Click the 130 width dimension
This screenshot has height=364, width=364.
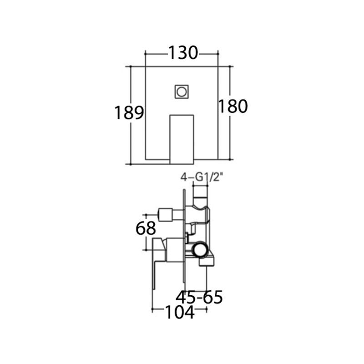tap(183, 53)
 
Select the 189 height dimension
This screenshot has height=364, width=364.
tap(129, 112)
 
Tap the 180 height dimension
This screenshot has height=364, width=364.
tap(233, 106)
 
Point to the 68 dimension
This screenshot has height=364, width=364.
tap(146, 228)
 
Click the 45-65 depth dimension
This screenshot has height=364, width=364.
tap(199, 297)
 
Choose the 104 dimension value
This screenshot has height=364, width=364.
tap(179, 312)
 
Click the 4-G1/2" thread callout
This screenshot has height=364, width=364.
tap(200, 178)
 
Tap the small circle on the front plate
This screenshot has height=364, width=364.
tap(182, 92)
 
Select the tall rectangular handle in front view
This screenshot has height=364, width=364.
tap(182, 140)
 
